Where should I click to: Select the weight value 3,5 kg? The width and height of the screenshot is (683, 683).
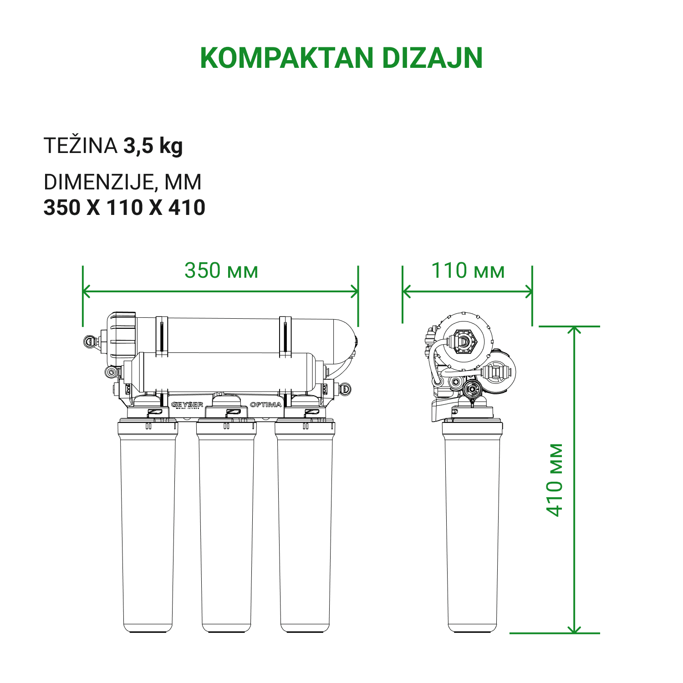click(153, 146)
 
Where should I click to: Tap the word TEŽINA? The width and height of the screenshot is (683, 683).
click(81, 146)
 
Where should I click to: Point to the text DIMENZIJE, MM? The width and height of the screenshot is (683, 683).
click(122, 182)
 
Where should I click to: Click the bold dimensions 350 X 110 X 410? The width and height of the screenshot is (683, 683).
click(124, 208)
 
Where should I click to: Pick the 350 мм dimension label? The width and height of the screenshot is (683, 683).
click(221, 270)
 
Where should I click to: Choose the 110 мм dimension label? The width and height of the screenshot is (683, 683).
click(468, 270)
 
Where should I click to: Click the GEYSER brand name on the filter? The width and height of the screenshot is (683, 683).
click(187, 404)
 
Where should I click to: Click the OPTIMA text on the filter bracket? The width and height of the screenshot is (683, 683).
click(265, 404)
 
